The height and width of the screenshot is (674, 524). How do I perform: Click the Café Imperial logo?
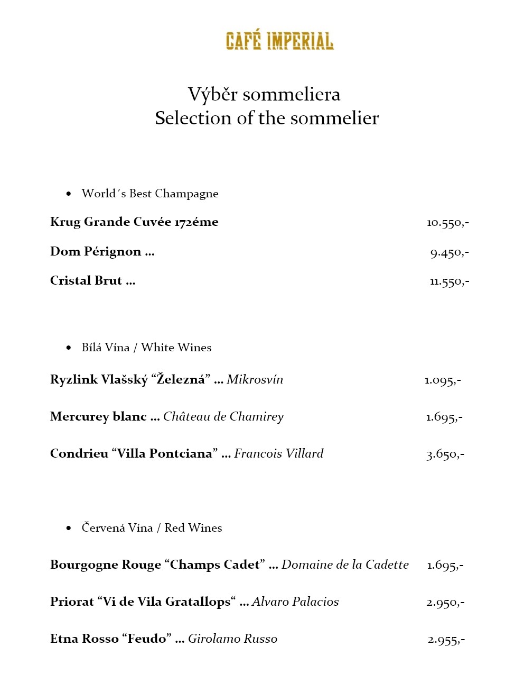click(279, 41)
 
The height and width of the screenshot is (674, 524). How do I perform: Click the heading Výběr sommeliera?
click(264, 94)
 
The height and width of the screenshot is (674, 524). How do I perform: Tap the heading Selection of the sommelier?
click(267, 118)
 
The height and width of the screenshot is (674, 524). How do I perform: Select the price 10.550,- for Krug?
click(447, 222)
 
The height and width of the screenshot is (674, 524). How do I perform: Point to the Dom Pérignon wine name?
click(96, 251)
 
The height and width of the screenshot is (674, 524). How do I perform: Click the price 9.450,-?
click(449, 252)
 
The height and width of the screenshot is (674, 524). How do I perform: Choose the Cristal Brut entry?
click(86, 280)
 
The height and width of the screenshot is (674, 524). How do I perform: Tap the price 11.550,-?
click(449, 281)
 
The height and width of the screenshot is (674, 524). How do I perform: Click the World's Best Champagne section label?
click(150, 194)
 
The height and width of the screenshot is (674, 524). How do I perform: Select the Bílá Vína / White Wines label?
click(146, 348)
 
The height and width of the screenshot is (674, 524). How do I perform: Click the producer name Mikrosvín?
click(255, 379)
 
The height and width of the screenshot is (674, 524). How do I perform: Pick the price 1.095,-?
click(443, 380)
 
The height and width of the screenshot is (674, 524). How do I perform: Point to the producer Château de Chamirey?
click(223, 416)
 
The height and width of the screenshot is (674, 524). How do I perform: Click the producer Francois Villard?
click(278, 453)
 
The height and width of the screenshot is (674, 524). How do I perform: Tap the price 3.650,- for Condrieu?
click(445, 454)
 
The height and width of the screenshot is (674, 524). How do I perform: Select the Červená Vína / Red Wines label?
click(152, 528)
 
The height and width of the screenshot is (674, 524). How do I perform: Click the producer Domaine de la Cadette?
click(345, 564)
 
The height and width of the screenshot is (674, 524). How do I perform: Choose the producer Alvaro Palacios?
click(295, 602)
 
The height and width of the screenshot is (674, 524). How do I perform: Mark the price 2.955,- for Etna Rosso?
click(446, 640)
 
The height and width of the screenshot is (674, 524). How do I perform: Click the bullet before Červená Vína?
click(69, 528)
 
